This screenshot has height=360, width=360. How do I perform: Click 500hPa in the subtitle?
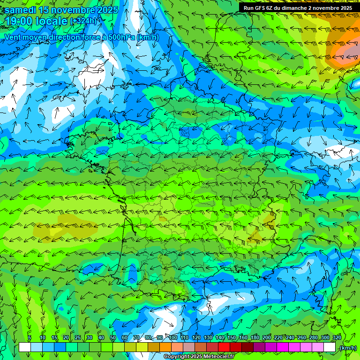tap(112, 37)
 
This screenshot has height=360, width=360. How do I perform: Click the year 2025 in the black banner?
tap(345, 8)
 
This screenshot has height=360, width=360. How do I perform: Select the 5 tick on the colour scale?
tap(30, 338)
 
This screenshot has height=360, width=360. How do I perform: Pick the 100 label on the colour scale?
tap(172, 338)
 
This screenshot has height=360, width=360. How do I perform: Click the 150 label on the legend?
tap(231, 338)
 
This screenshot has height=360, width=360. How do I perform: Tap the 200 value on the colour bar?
tap(266, 338)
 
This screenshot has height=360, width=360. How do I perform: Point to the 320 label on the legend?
tap(337, 338)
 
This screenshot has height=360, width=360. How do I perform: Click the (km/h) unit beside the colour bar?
tap(347, 348)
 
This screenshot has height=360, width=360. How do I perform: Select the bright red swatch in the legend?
tap(224, 347)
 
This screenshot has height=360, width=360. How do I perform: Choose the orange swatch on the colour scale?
tap(165, 347)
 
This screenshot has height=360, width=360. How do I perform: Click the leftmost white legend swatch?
tap(25, 347)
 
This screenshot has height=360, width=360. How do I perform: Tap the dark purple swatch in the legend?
tap(259, 347)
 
